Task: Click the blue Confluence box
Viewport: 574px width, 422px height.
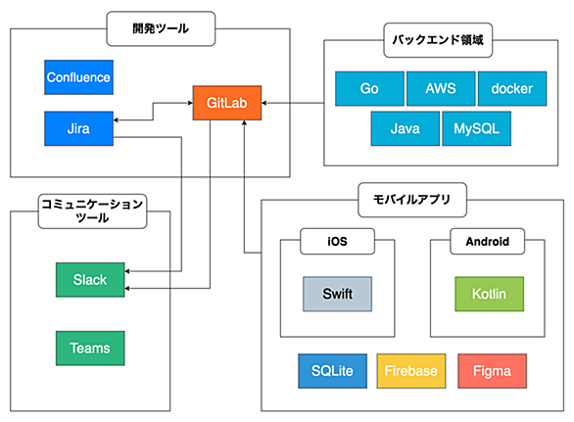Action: click(x=78, y=77)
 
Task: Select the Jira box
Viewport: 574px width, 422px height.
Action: click(x=78, y=128)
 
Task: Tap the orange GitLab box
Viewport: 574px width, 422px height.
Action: click(x=227, y=103)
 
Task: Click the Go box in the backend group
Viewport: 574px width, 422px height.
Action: click(x=369, y=88)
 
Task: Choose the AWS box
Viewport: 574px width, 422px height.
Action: click(x=441, y=88)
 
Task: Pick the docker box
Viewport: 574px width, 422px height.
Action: click(x=512, y=88)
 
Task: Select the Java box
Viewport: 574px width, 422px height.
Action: click(x=406, y=128)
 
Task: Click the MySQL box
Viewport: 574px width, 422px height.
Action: click(x=477, y=128)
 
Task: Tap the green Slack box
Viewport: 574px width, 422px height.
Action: click(x=90, y=280)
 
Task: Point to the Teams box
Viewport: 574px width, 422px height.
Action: click(x=90, y=348)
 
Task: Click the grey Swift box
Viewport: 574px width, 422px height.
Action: click(x=337, y=294)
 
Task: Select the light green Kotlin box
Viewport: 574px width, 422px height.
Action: click(x=489, y=294)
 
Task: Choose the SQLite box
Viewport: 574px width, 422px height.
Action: click(x=332, y=371)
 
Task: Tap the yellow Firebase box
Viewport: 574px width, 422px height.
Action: click(x=411, y=371)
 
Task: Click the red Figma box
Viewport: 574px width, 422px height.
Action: click(x=492, y=371)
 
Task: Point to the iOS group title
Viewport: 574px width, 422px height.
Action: click(x=337, y=241)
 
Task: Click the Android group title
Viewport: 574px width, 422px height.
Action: click(x=487, y=241)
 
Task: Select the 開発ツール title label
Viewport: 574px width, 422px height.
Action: click(x=161, y=28)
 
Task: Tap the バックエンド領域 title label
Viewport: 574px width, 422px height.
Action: click(x=438, y=40)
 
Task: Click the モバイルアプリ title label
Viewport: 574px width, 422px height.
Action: click(x=412, y=200)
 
